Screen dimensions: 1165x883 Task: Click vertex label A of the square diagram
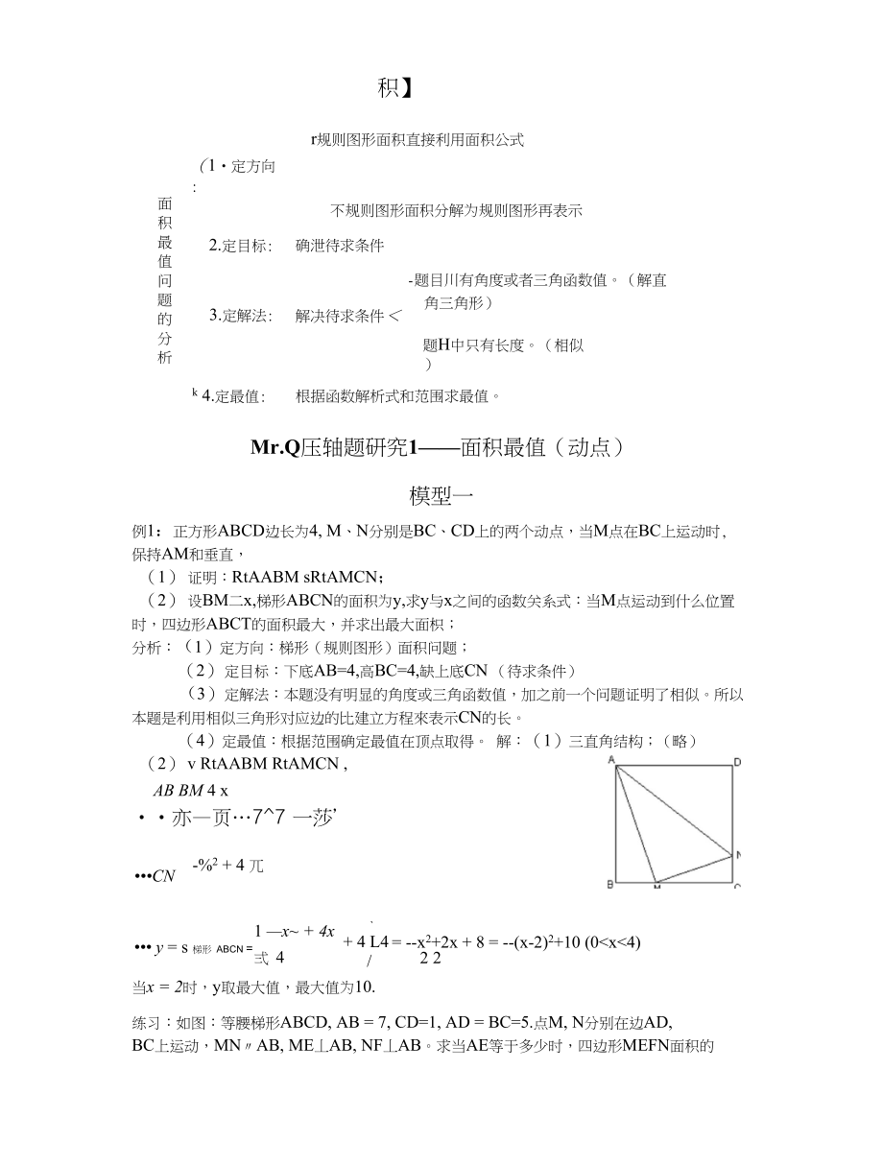[x=610, y=759]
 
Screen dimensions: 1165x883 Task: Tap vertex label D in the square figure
[x=736, y=762]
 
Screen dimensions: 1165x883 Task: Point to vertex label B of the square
[x=610, y=884]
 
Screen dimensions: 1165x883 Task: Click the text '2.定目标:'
[x=241, y=246]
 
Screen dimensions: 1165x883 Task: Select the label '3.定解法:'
[x=241, y=315]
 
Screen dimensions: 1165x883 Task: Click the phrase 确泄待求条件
[x=340, y=246]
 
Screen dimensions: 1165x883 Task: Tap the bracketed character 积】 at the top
[x=395, y=89]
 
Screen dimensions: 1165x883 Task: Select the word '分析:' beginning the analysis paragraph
[x=153, y=648]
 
